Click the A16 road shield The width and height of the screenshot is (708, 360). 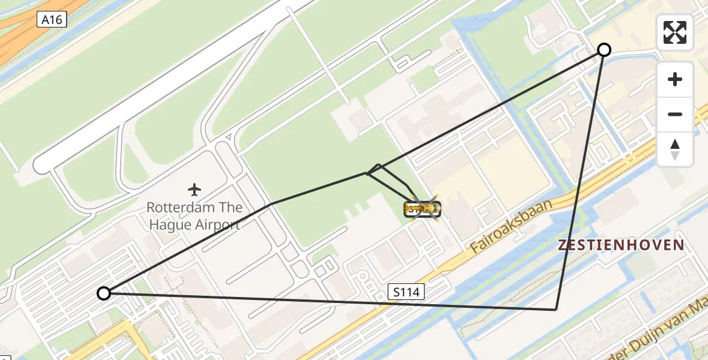click(x=51, y=20)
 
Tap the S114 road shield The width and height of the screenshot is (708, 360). click(x=406, y=292)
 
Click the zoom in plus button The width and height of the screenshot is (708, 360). click(x=675, y=79)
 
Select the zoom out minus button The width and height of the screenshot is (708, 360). click(x=675, y=114)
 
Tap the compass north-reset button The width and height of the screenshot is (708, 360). click(x=675, y=149)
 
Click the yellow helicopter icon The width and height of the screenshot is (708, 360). click(x=424, y=208)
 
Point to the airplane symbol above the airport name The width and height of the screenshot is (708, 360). click(x=194, y=190)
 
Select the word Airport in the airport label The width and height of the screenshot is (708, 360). click(x=217, y=225)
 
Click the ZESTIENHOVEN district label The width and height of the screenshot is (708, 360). click(x=621, y=245)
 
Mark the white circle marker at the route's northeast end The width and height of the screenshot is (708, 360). click(x=604, y=50)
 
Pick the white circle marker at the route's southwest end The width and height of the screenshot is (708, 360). click(x=104, y=293)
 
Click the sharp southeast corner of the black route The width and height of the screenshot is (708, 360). click(x=556, y=310)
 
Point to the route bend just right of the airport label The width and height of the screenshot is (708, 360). click(x=271, y=204)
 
